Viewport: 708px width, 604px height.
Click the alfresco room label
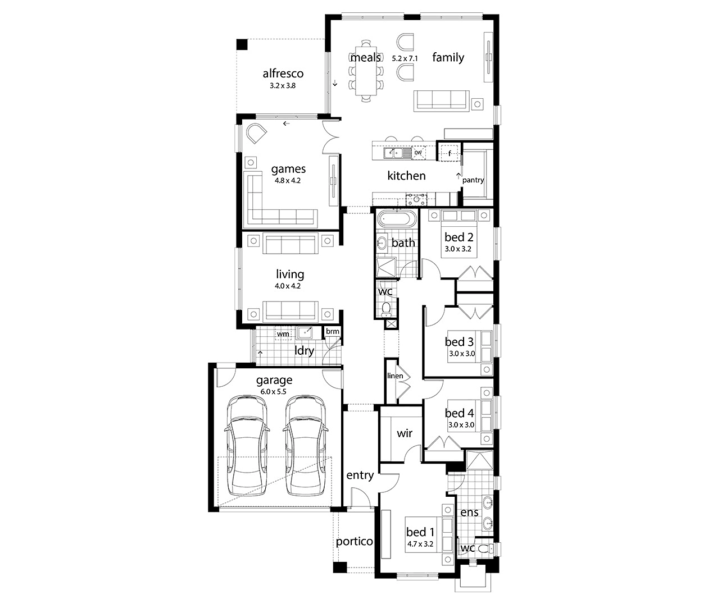pos(283,74)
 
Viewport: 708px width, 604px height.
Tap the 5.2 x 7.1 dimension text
pos(405,58)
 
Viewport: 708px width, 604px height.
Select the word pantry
pos(473,180)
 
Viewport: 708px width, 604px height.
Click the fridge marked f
pos(450,153)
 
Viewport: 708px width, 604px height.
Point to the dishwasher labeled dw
pos(418,153)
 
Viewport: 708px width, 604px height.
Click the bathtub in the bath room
pos(397,219)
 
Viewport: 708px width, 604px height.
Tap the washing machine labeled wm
pos(283,333)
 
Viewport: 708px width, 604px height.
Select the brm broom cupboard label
pos(332,331)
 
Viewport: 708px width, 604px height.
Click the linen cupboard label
pos(395,376)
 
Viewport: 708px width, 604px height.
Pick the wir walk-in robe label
pos(405,433)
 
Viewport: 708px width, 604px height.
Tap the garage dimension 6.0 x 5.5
pos(273,391)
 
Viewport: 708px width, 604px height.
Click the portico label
pos(354,541)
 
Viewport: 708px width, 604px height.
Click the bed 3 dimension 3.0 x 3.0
pos(462,354)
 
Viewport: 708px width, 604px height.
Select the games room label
pos(288,169)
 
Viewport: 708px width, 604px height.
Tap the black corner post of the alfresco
pos(242,44)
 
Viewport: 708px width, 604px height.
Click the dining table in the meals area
pos(366,71)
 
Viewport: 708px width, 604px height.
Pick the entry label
pos(360,475)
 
